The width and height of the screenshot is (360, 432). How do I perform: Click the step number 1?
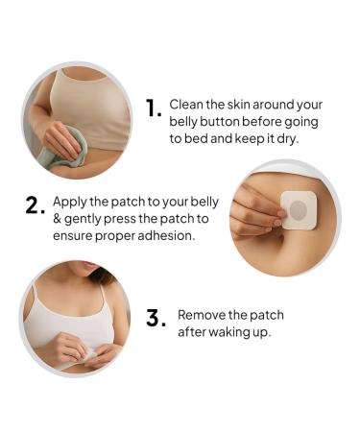(x=153, y=108)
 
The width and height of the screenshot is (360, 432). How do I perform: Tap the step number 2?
(x=36, y=205)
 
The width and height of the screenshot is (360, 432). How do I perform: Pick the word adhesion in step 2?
(x=167, y=234)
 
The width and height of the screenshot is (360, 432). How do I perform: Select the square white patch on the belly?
(x=298, y=209)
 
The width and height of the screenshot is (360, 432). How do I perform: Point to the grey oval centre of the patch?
(x=298, y=209)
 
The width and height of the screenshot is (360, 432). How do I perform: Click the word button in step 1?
(x=224, y=121)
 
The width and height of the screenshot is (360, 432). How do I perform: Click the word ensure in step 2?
(x=74, y=234)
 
